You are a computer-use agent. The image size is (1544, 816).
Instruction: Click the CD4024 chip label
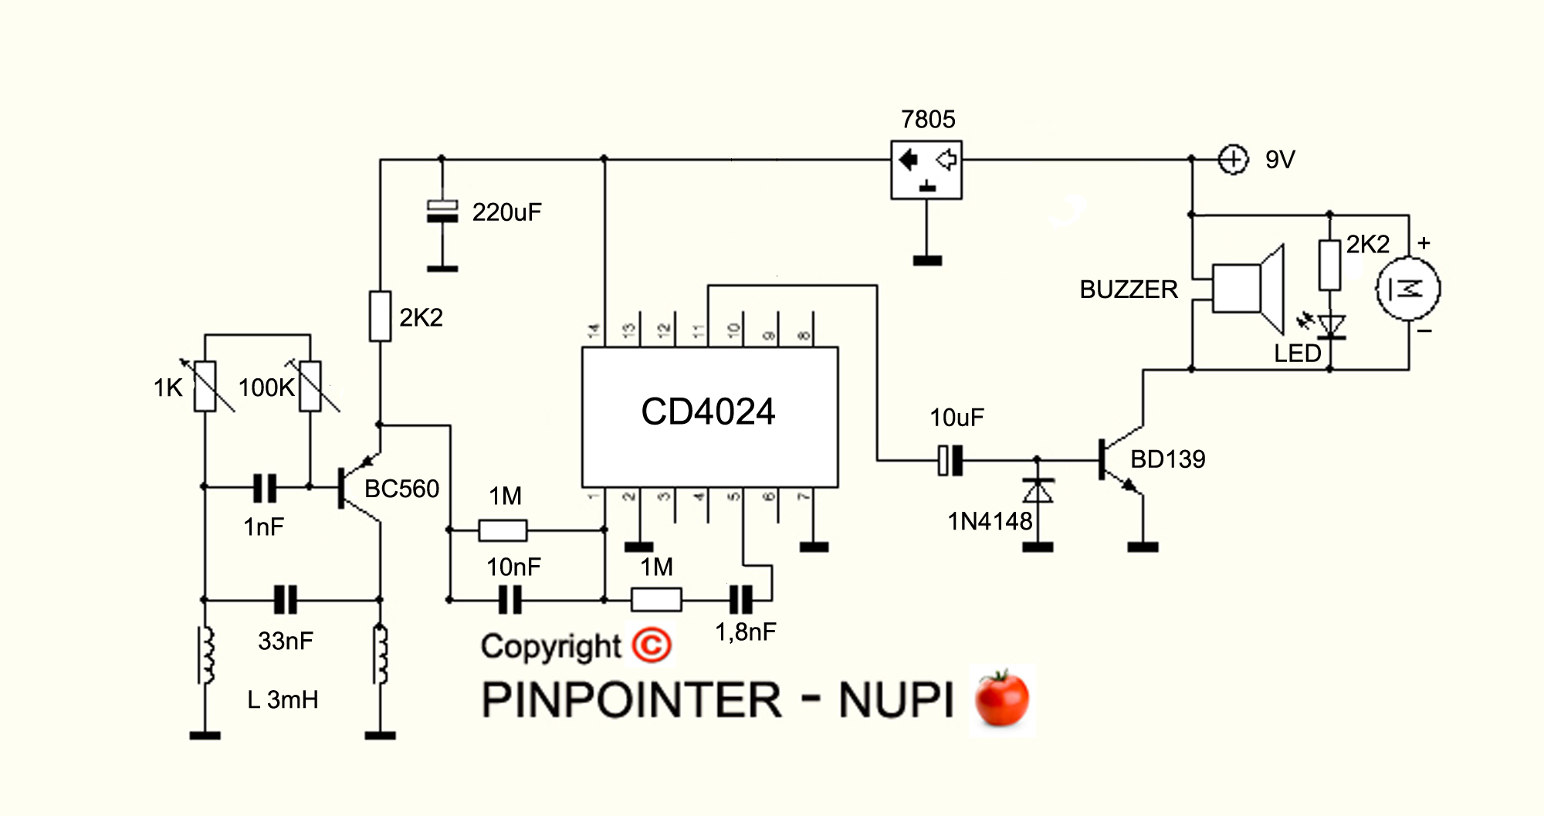pos(708,411)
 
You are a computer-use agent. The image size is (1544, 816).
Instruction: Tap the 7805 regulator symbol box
pos(926,170)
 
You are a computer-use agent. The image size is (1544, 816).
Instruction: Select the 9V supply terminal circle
pos(1233,160)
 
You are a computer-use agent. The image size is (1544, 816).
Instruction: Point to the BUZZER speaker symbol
pos(1247,288)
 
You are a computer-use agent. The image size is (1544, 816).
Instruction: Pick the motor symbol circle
pos(1408,289)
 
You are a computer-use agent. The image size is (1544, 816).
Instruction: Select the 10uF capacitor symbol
pos(950,461)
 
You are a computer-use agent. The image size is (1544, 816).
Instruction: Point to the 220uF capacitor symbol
pos(442,212)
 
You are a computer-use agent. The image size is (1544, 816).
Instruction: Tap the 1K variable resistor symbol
pos(205,386)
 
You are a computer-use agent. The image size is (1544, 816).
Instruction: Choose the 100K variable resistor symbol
pos(310,386)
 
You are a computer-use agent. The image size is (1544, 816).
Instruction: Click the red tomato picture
pos(1002,698)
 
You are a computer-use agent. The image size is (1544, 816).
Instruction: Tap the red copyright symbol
pos(652,645)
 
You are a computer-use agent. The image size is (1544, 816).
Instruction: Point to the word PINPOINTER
pos(631,700)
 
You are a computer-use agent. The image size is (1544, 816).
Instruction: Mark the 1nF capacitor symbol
pos(265,487)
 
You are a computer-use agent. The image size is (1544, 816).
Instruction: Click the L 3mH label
pos(283,700)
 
